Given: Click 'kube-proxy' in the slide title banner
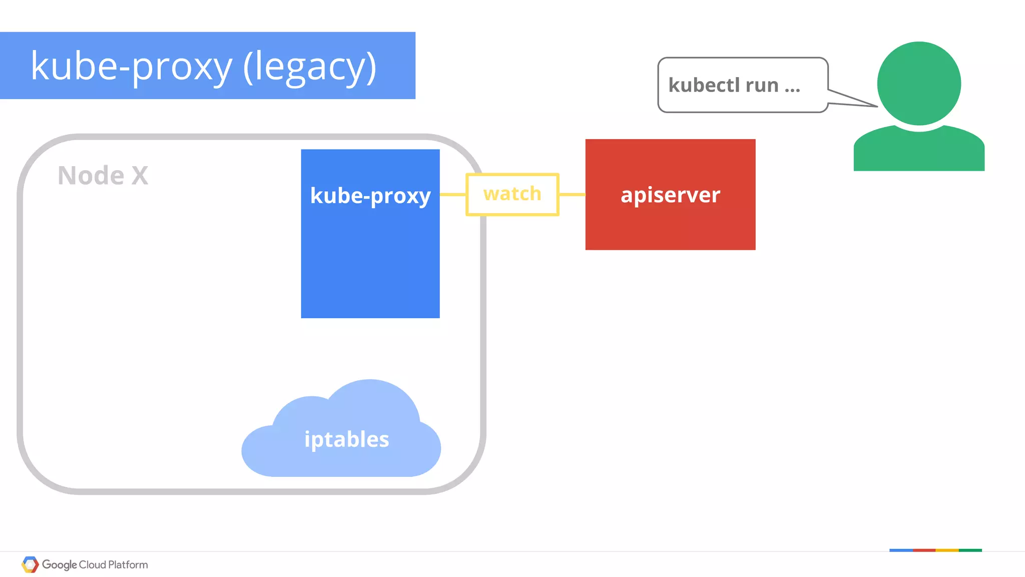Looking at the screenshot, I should tap(132, 67).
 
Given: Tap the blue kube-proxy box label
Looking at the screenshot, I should tap(370, 196).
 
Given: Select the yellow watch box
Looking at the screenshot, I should tap(512, 194).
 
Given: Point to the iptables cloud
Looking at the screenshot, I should tap(346, 439).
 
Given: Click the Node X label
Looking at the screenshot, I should tap(103, 176).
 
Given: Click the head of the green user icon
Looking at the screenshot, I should tap(919, 83).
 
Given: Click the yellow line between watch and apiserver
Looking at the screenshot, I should tap(572, 194).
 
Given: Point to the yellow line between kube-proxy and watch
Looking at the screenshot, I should tap(453, 194).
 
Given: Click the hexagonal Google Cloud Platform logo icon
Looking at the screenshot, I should tap(30, 564).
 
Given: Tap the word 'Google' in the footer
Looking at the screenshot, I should tap(59, 564).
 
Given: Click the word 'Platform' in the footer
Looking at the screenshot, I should tap(128, 564).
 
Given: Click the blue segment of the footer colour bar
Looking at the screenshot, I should tap(901, 550).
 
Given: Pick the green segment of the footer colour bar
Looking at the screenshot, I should tap(970, 550).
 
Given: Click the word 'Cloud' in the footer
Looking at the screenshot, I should tap(93, 564).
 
